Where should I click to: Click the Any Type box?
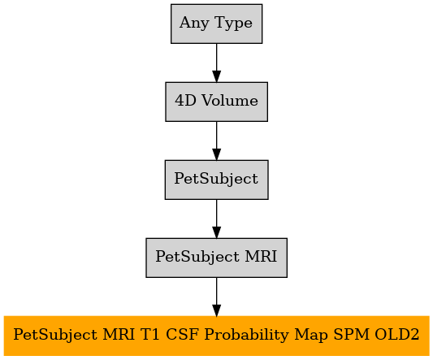click(216, 24)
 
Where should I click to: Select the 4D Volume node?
click(216, 102)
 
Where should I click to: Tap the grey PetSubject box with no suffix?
click(216, 180)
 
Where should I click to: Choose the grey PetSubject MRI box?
click(216, 258)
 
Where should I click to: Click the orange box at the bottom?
click(216, 336)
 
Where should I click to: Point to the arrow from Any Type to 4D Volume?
click(216, 63)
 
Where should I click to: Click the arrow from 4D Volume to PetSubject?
click(216, 141)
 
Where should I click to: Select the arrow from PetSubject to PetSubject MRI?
click(216, 219)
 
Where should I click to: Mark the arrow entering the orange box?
click(216, 297)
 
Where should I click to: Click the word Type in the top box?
click(233, 23)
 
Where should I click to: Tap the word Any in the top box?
click(194, 23)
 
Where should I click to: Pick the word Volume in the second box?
click(230, 100)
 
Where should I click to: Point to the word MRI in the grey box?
click(261, 256)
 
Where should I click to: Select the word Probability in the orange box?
click(247, 335)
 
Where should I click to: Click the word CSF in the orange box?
click(182, 334)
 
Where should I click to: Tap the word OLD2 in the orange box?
click(396, 334)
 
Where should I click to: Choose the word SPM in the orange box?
click(351, 334)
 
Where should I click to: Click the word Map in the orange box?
click(311, 335)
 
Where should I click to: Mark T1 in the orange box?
click(150, 334)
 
